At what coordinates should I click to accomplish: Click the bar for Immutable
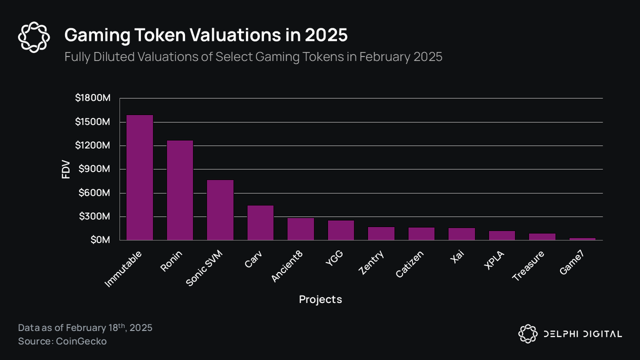140,178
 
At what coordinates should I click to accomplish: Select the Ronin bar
180,190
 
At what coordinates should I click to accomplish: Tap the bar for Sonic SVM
220,210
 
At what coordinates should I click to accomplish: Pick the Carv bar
260,223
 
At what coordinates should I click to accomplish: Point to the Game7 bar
582,239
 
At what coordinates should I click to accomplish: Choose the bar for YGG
341,230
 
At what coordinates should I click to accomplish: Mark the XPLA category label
495,260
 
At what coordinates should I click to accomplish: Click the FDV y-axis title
66,169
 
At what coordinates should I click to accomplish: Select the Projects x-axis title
320,299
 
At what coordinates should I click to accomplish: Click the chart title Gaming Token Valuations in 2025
206,36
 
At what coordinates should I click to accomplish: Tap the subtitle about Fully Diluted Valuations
253,57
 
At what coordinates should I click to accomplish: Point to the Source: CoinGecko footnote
62,341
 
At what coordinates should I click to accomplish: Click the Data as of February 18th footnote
85,327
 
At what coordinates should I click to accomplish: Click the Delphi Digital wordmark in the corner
582,334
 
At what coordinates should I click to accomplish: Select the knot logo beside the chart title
34,37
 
